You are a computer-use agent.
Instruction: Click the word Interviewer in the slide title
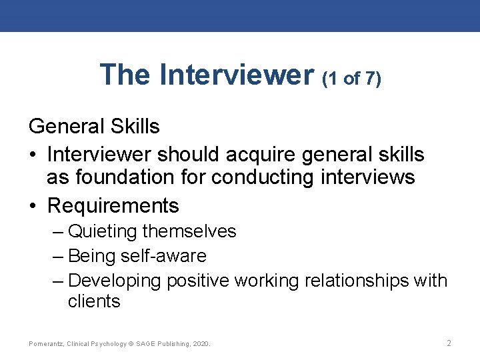tap(237, 75)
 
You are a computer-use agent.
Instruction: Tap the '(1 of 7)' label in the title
tap(351, 79)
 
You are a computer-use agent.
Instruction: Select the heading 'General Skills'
tap(95, 126)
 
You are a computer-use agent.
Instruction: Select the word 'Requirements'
tap(113, 205)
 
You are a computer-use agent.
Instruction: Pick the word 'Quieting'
tap(103, 231)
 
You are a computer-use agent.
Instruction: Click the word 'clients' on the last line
tap(94, 301)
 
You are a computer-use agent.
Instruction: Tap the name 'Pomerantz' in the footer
tap(46, 344)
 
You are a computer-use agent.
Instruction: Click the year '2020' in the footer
tap(200, 344)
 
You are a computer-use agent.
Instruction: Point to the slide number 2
tap(449, 343)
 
